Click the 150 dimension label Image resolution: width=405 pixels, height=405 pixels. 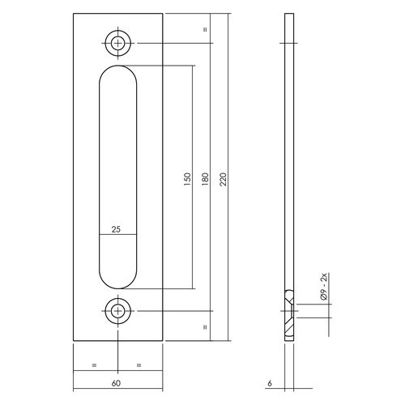(187, 179)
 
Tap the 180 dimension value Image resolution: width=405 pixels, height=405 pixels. (205, 179)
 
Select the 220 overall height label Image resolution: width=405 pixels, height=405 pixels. (224, 179)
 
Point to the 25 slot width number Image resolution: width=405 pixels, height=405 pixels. (116, 229)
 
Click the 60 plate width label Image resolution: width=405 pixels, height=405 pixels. (116, 383)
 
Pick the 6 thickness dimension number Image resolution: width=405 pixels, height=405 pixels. (270, 383)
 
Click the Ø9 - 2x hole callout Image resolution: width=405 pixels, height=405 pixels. (324, 287)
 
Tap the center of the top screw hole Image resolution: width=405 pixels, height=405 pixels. (118, 43)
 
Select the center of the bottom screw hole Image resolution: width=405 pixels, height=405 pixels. (118, 311)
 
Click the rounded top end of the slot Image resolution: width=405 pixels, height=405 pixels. (118, 66)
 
